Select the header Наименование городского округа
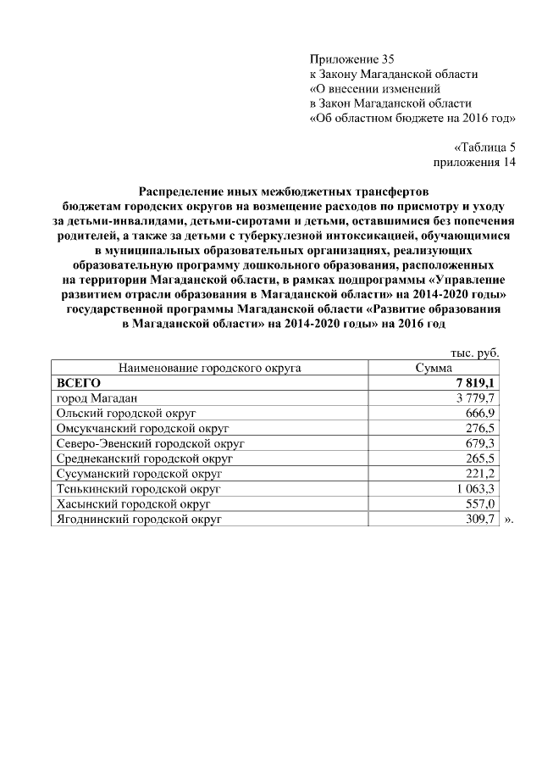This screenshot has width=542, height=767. pyautogui.click(x=210, y=369)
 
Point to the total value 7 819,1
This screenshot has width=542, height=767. pyautogui.click(x=474, y=383)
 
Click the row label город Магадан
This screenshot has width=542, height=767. pyautogui.click(x=97, y=398)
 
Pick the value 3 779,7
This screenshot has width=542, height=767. pyautogui.click(x=474, y=398)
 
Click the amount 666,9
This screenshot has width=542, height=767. pyautogui.click(x=480, y=413)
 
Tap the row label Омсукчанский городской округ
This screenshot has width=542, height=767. pyautogui.click(x=142, y=428)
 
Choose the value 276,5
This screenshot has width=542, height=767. pyautogui.click(x=480, y=428)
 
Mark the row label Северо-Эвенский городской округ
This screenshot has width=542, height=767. pyautogui.click(x=150, y=443)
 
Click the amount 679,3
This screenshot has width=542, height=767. pyautogui.click(x=480, y=443)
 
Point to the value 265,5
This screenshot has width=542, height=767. pyautogui.click(x=480, y=458)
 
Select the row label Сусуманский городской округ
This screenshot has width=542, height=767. pyautogui.click(x=138, y=473)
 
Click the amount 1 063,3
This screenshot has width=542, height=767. pyautogui.click(x=474, y=488)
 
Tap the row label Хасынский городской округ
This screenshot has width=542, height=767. pyautogui.click(x=133, y=503)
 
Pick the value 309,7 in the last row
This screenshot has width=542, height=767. pyautogui.click(x=480, y=518)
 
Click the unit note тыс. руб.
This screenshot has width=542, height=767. pyautogui.click(x=475, y=353)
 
